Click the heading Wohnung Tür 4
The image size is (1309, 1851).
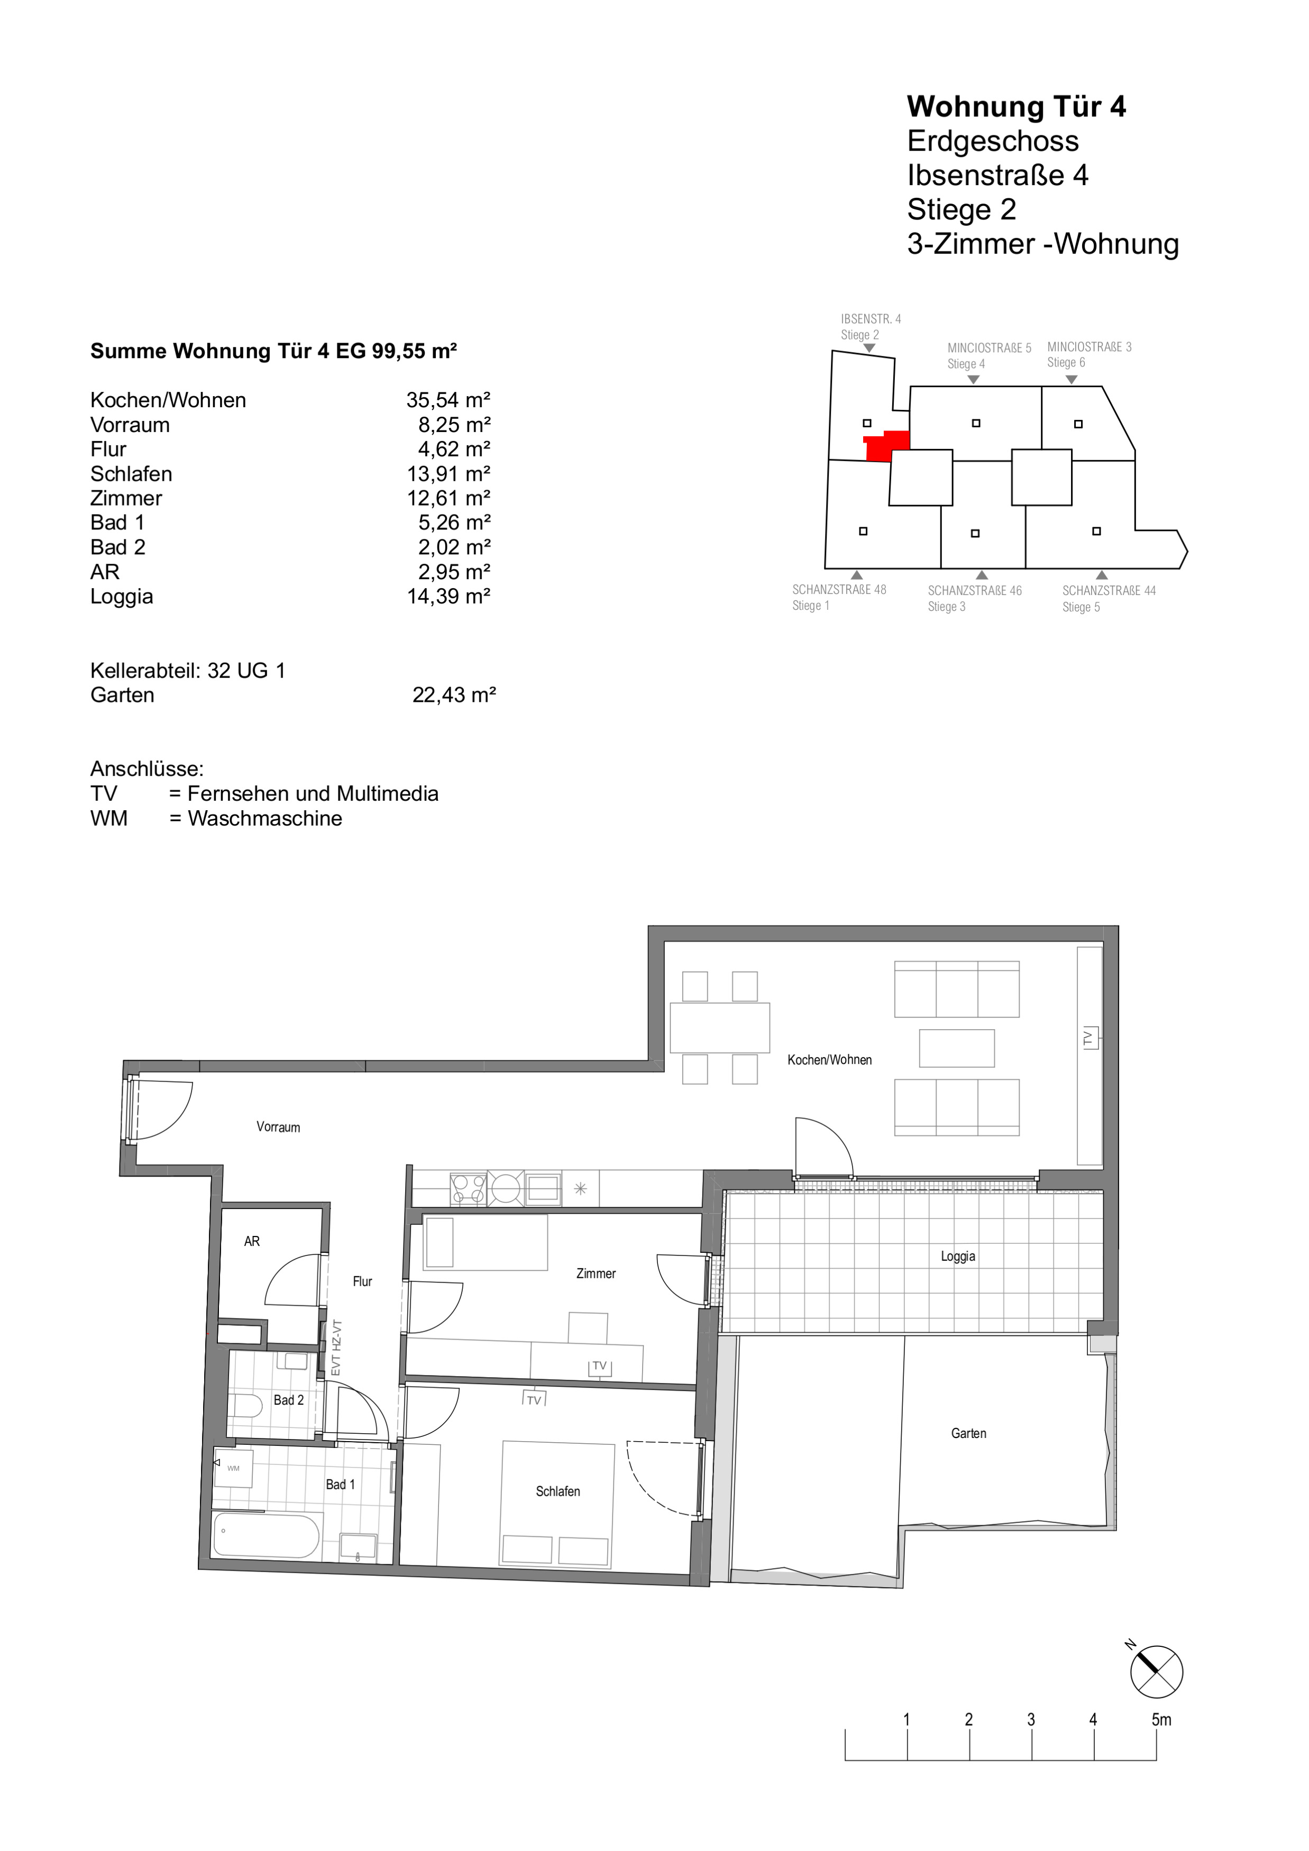pos(1017,106)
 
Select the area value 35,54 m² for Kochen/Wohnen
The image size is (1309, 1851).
pos(448,400)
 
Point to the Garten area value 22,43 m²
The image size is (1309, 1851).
pos(454,695)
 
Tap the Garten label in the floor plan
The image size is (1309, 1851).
pos(968,1433)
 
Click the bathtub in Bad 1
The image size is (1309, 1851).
pos(267,1535)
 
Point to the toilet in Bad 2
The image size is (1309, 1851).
pos(245,1407)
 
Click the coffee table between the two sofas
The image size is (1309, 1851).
pos(957,1048)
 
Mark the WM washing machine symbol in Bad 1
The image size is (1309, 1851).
pos(233,1468)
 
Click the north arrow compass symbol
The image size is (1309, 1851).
pos(1156,1671)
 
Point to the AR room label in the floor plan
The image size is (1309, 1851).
pos(251,1241)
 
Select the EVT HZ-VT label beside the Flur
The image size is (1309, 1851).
pos(336,1347)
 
